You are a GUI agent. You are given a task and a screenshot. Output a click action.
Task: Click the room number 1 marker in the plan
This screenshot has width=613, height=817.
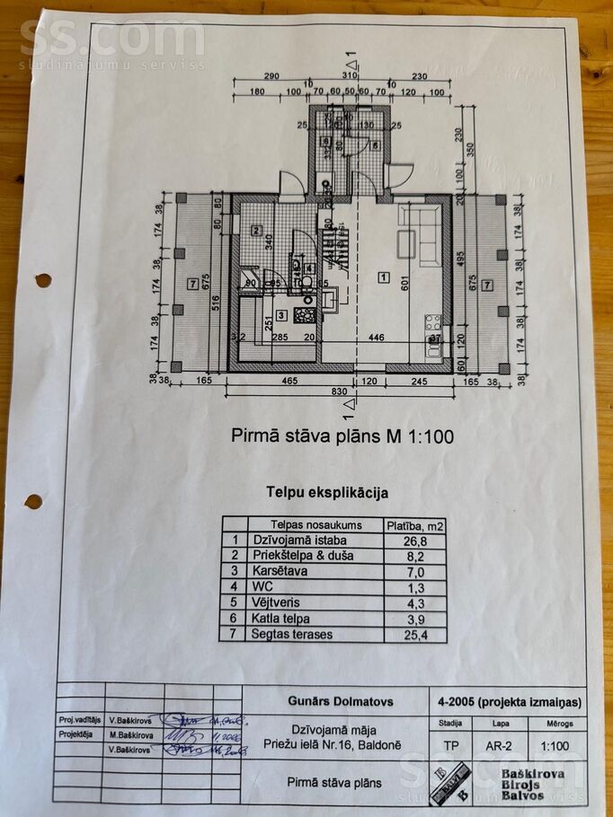384,278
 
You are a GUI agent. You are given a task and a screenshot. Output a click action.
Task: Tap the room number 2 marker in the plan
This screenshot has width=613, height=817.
256,230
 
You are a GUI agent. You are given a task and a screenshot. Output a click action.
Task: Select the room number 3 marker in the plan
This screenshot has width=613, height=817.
281,314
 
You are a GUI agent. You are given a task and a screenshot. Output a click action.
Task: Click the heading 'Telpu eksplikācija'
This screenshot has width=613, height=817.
327,492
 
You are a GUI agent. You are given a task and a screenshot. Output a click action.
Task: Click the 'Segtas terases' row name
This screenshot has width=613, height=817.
292,634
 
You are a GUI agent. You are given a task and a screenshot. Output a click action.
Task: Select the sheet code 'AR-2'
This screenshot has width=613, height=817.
502,744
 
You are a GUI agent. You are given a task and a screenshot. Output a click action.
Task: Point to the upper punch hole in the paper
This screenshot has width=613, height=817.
42,280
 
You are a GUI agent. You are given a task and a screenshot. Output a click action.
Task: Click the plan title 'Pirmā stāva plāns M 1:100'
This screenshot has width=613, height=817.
342,437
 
